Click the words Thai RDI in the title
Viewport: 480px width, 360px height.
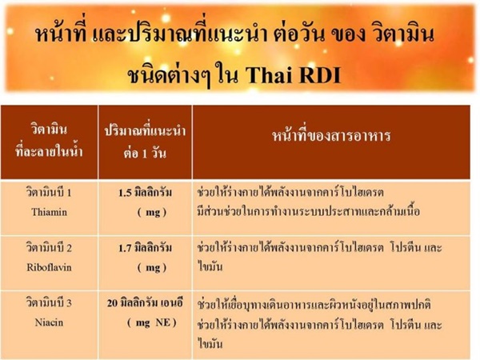[x=293, y=74]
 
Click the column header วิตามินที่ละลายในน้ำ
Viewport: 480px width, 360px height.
[x=50, y=141]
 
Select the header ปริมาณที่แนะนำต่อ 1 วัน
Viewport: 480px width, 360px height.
[x=145, y=142]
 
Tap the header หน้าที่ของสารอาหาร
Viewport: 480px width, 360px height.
[x=331, y=135]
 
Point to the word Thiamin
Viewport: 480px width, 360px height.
[x=50, y=212]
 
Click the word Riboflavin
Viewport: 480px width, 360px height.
[x=49, y=267]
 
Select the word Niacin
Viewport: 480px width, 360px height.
[x=49, y=322]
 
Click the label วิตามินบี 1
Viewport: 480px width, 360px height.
[x=49, y=193]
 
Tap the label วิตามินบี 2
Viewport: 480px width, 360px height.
[x=49, y=248]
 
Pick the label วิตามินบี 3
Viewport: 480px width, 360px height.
[x=49, y=302]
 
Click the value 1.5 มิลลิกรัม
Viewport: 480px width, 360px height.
[x=145, y=193]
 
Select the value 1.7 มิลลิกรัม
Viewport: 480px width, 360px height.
[x=145, y=248]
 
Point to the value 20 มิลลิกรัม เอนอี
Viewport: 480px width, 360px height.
[x=145, y=303]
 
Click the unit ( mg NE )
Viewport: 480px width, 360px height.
[x=152, y=322]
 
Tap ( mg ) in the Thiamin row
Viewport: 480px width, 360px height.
[x=152, y=212]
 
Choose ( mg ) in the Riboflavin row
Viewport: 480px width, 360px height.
[x=152, y=267]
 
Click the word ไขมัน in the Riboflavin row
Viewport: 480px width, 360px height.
[x=210, y=266]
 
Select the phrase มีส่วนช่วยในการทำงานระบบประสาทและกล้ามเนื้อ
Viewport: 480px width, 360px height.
[x=308, y=211]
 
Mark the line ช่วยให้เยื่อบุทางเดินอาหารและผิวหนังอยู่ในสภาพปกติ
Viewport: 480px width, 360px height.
[x=314, y=305]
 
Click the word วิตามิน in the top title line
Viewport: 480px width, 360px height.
[x=403, y=34]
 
